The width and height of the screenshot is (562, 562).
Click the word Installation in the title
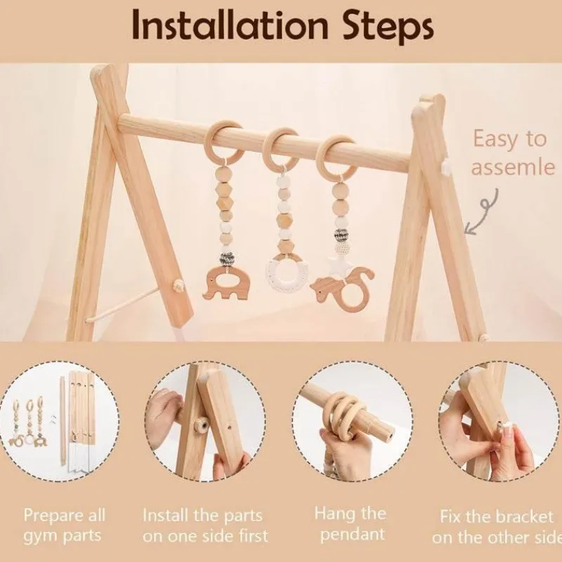pyautogui.click(x=230, y=25)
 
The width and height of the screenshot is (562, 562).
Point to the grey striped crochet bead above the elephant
pyautogui.click(x=227, y=257)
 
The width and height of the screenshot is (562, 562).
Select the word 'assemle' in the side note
pyautogui.click(x=513, y=167)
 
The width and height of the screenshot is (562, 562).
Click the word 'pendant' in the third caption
pyautogui.click(x=353, y=535)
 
